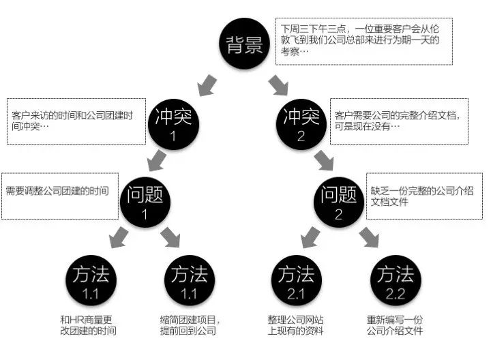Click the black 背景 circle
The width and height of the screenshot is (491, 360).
coord(244,44)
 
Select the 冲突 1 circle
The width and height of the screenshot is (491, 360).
coord(173,124)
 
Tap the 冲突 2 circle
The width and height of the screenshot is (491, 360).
coord(301,124)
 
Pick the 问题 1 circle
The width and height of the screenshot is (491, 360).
coord(145,202)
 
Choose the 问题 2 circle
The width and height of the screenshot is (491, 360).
coord(338,202)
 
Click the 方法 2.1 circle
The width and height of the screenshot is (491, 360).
coord(296,280)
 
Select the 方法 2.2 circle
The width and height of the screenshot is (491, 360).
coord(396,280)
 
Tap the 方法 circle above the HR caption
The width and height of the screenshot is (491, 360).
coord(91,280)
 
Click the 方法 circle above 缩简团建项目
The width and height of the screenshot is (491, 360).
coord(190,280)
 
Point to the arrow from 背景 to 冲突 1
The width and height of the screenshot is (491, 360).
coord(207,85)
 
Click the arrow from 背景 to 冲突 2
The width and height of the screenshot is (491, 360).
coord(278,85)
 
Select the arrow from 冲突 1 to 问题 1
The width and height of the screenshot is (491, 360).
coord(158,161)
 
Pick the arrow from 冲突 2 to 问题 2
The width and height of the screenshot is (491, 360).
coord(324,161)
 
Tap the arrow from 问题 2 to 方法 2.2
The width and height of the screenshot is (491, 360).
coord(369,237)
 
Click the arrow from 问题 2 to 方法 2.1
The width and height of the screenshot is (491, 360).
coord(310,237)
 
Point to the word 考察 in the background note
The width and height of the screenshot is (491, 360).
coord(291,51)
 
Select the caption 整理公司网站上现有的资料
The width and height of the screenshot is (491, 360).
coord(295,325)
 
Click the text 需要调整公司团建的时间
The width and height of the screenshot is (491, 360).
coord(57,191)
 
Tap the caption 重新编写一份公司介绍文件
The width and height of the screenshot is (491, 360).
coord(395,325)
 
